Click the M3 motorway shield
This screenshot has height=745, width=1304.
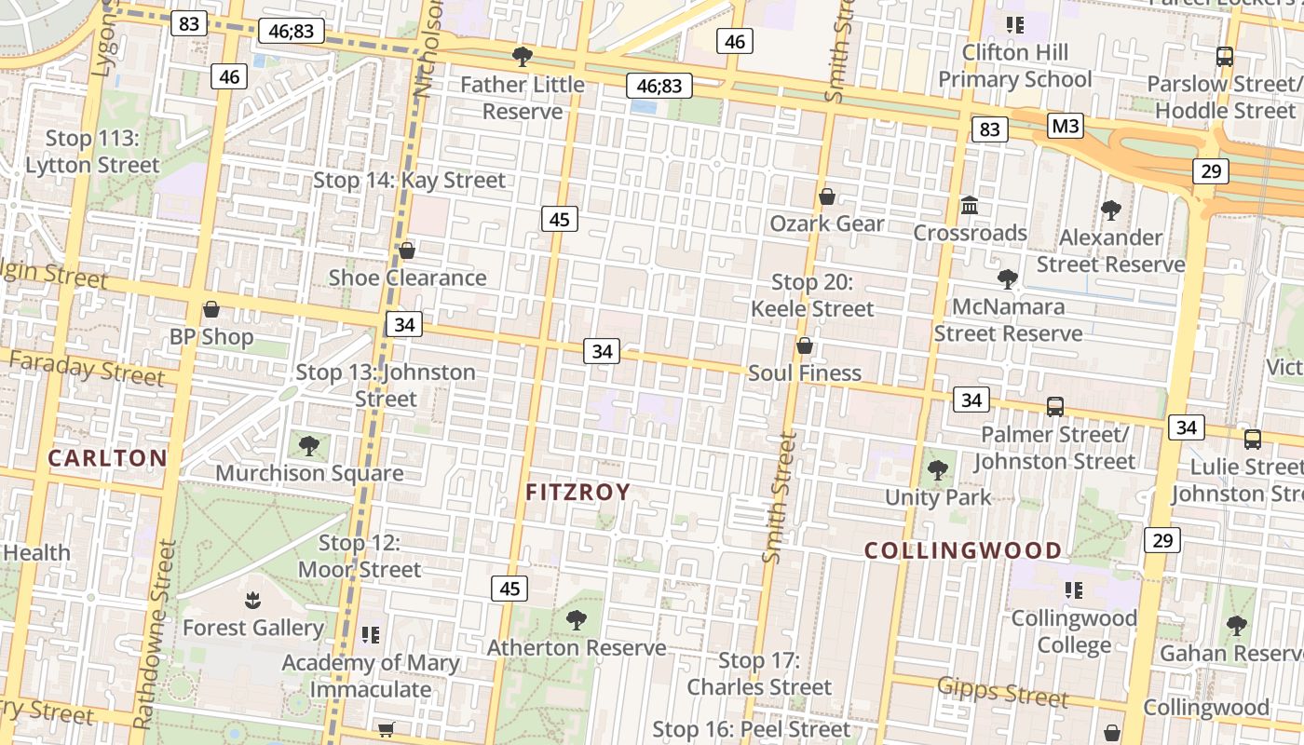pos(1066,126)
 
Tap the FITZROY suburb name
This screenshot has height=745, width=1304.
pos(578,492)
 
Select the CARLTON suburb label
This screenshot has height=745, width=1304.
pos(107,457)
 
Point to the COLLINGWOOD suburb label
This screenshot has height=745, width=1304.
pos(963,550)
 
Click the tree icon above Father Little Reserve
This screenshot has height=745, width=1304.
pos(523,57)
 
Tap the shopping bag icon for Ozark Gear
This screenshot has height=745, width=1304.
pos(826,196)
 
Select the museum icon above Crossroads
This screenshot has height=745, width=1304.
pos(970,205)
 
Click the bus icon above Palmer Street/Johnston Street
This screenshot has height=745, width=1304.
pos(1054,406)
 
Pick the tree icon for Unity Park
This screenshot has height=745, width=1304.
pos(938,469)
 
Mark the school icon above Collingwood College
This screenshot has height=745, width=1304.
pos(1074,589)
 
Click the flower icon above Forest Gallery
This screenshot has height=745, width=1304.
pos(251,600)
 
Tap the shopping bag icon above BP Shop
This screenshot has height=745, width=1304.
pos(211,309)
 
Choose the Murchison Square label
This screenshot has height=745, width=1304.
pos(309,473)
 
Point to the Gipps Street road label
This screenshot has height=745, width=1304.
pos(1002,691)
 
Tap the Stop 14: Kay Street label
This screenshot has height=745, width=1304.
pos(409,180)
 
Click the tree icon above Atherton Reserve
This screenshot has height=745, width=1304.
pos(577,619)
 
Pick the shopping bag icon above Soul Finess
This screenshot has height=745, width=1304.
pos(805,345)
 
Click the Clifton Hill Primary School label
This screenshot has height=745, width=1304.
pos(1014,65)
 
